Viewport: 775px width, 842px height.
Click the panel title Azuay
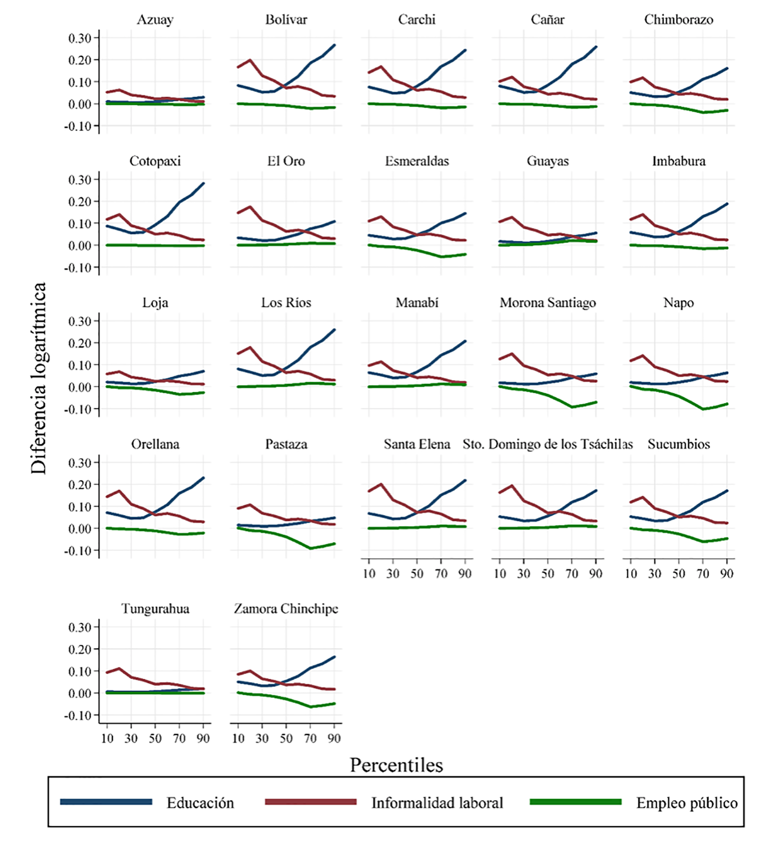tap(155, 20)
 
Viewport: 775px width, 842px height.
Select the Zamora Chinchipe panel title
tap(286, 609)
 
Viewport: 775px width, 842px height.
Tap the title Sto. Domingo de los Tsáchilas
tap(548, 444)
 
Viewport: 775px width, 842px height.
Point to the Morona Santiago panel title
tap(548, 302)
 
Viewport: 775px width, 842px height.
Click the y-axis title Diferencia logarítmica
tap(39, 378)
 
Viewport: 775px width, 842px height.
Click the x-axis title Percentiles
tap(396, 765)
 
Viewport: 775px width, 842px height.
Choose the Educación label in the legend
tap(200, 802)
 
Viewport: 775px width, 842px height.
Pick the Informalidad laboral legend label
tap(437, 802)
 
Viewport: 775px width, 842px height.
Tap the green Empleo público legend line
tap(576, 802)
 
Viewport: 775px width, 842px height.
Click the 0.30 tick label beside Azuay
tap(80, 38)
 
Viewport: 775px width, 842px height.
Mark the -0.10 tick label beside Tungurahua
tap(78, 715)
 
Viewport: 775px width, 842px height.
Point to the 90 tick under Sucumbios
tap(727, 574)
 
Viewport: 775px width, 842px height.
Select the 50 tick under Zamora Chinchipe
tap(286, 738)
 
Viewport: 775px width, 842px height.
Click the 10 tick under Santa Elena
tap(369, 574)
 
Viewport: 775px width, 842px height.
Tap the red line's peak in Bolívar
tap(250, 60)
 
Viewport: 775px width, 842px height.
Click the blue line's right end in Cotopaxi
tap(204, 183)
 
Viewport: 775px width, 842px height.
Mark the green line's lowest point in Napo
tap(703, 409)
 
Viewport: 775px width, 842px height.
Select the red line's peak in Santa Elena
tap(381, 484)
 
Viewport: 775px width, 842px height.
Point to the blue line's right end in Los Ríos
tap(334, 329)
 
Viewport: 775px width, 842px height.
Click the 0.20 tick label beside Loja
tap(80, 343)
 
